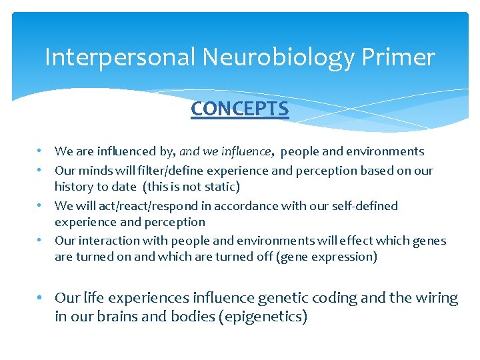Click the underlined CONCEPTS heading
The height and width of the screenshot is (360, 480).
pyautogui.click(x=239, y=109)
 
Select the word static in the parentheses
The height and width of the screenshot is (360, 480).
pyautogui.click(x=218, y=187)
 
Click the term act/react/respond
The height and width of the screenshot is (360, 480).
pyautogui.click(x=129, y=206)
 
